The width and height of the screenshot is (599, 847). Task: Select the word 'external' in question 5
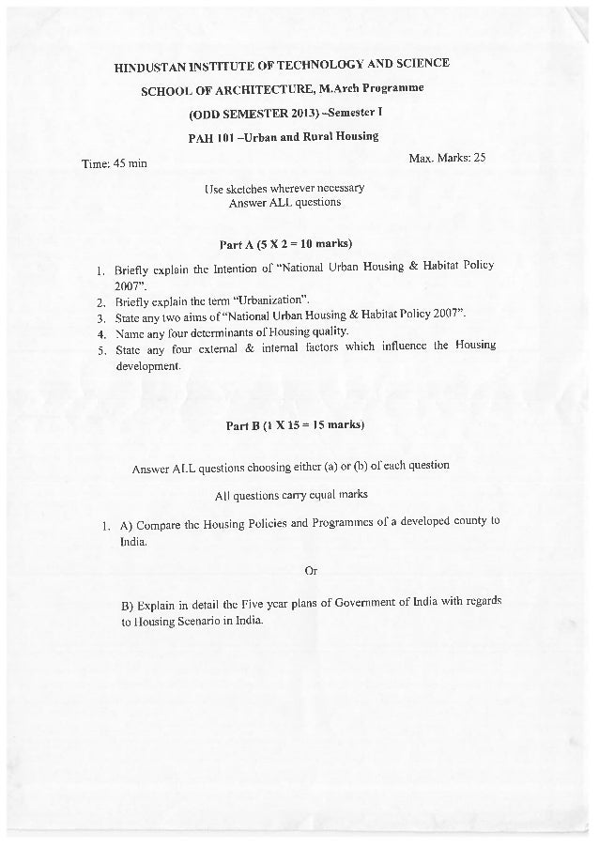pos(234,347)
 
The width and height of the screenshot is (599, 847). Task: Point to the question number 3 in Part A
pos(100,316)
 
